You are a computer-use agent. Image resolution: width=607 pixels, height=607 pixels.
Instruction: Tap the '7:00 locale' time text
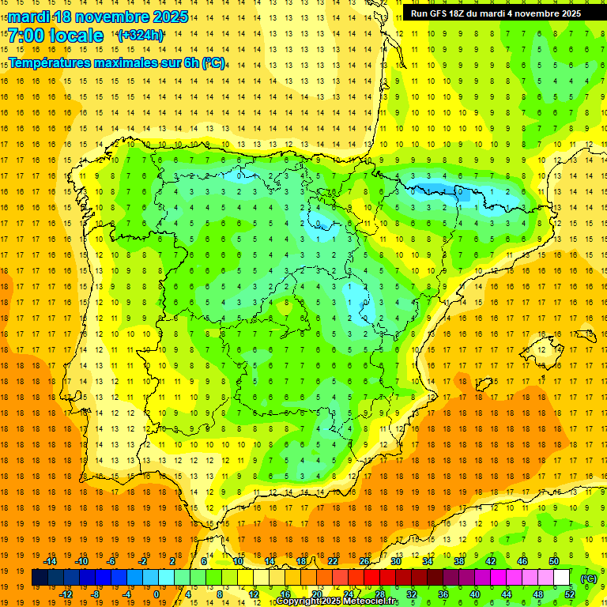coord(55,36)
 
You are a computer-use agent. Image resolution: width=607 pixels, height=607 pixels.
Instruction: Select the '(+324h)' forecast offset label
coord(141,36)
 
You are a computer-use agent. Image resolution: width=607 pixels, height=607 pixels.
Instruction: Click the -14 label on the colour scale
coord(51,561)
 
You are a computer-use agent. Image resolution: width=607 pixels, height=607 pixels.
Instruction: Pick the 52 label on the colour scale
coord(569,594)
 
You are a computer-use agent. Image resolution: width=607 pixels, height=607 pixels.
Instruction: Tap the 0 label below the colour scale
coord(156,594)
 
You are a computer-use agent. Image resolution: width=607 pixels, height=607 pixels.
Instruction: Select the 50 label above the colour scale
coord(553,561)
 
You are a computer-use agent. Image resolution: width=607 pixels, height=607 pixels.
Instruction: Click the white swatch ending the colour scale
coord(562,578)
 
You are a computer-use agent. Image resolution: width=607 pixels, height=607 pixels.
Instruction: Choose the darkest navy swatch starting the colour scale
coord(40,578)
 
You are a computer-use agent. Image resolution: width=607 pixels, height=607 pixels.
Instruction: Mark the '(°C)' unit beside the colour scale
coord(589,578)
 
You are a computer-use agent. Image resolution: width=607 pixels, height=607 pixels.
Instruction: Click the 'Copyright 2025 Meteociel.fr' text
coord(337,601)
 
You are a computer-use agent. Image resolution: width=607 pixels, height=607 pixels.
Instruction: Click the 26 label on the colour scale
coord(364,561)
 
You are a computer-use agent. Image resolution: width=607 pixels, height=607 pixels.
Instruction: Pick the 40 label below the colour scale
coord(474,594)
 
